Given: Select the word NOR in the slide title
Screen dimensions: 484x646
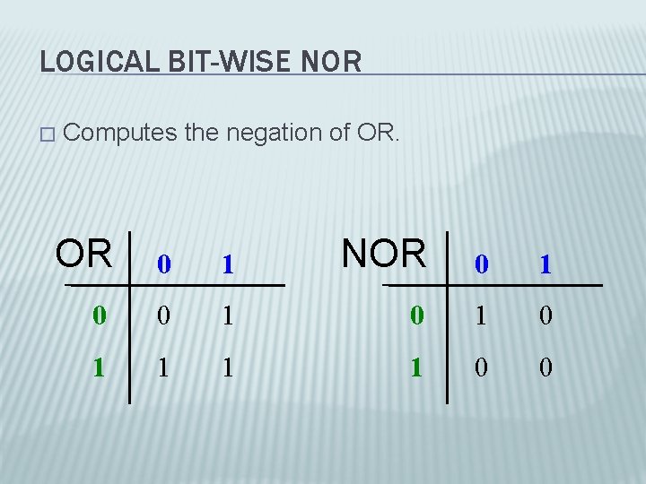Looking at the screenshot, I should tap(332, 62).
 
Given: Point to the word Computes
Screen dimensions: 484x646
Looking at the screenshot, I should tap(119, 134).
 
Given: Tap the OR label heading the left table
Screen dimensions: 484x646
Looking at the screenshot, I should tap(84, 254).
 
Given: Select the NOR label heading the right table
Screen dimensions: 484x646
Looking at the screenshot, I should tap(384, 254).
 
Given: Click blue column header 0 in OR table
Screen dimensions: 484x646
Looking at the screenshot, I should tap(162, 264).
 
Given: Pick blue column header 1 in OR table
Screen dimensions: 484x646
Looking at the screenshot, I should tap(228, 264).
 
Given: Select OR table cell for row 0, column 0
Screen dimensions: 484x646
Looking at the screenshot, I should tap(162, 315).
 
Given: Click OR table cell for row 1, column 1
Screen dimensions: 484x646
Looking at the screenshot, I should tap(228, 366).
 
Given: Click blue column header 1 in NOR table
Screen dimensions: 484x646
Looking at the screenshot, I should tap(546, 264).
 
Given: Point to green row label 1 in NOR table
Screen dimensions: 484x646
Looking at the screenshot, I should tap(415, 366).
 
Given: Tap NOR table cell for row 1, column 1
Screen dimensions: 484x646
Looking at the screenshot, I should tap(546, 366).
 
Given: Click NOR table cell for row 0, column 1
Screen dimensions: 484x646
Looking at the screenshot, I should tap(546, 315).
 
